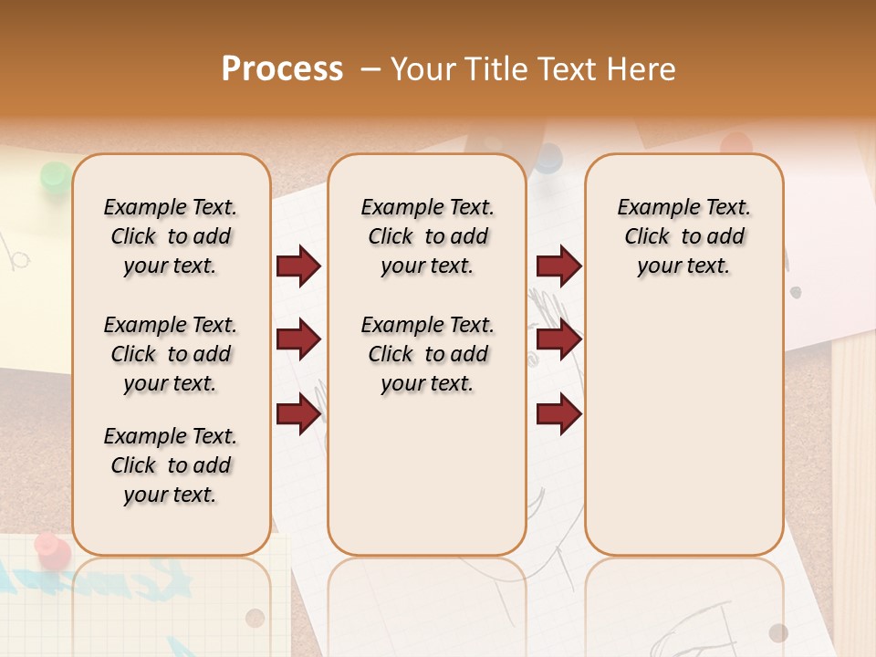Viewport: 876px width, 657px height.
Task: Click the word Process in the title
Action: point(282,68)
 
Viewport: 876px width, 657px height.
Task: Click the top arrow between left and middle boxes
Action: point(298,266)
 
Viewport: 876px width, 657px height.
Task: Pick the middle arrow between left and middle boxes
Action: point(298,339)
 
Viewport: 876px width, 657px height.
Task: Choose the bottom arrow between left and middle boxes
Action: point(298,413)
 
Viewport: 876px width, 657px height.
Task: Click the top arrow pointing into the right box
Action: point(558,266)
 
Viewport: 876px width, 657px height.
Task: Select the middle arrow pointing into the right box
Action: point(558,339)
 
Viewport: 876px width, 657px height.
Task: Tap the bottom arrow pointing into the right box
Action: point(558,413)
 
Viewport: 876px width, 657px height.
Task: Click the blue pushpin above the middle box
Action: point(547,158)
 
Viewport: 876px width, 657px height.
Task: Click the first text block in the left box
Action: point(171,236)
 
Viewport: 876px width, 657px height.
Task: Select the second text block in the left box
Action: point(171,354)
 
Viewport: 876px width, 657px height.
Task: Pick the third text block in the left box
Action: point(171,465)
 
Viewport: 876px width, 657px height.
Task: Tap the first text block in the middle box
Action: point(427,236)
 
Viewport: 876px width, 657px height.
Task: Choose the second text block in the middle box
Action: point(427,354)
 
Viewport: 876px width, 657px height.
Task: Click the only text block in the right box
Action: point(683,236)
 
